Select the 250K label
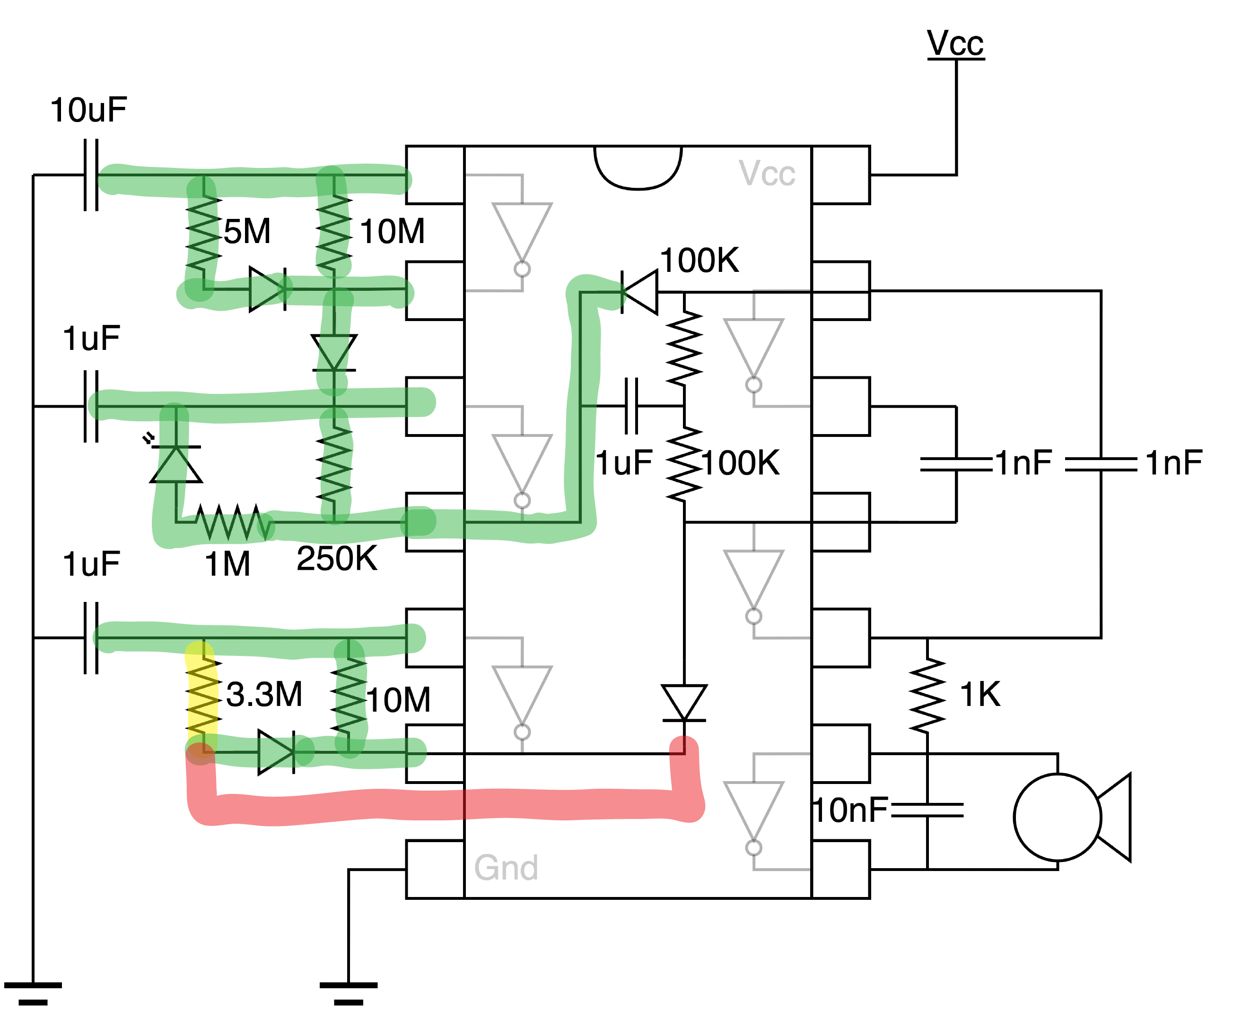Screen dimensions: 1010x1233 [x=337, y=558]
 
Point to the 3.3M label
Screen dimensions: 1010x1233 [x=264, y=694]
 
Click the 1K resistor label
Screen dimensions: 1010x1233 [x=980, y=694]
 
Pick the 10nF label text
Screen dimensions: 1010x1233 [x=849, y=810]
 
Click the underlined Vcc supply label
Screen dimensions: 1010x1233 [x=955, y=43]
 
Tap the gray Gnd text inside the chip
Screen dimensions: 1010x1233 [x=506, y=868]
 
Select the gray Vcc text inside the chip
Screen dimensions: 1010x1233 [x=767, y=174]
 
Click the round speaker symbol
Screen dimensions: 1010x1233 [x=1057, y=817]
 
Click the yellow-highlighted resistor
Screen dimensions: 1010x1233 [x=202, y=695]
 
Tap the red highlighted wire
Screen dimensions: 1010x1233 [x=442, y=805]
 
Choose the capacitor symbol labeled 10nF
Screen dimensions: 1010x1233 [x=927, y=810]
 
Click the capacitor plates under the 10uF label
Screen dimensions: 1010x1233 [x=91, y=174]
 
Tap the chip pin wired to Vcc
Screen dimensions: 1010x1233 [x=840, y=174]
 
